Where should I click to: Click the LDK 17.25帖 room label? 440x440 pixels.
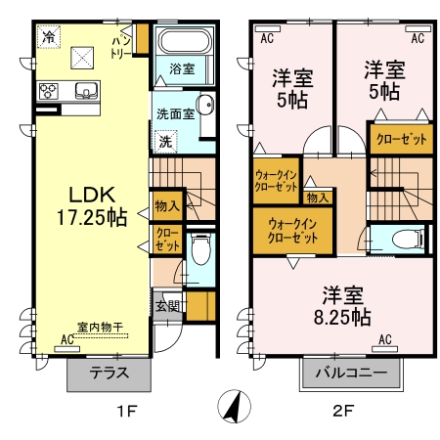coord(92,206)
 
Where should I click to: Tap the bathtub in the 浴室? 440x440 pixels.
coord(185,41)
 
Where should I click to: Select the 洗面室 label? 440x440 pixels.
coord(175,114)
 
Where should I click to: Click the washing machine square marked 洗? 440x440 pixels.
coord(166,142)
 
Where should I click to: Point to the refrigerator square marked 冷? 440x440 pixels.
coord(49,37)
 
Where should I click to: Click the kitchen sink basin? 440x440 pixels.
coord(86,90)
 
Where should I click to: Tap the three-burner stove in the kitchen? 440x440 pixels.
coord(49,91)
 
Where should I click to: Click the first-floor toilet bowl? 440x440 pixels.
coord(201,249)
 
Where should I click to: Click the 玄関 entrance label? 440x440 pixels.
coord(167,306)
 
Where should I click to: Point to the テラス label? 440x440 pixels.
coord(110,374)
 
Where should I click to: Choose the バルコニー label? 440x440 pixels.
coord(351,373)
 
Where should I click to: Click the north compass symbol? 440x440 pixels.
coord(234,406)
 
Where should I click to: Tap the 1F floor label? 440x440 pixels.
coord(126,411)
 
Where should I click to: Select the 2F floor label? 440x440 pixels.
coord(343,411)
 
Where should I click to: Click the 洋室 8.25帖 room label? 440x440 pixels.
coord(342,306)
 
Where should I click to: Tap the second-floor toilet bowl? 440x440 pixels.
coord(406,240)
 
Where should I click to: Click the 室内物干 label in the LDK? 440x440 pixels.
coord(100,327)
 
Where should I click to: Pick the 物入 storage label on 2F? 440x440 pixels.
coord(317,198)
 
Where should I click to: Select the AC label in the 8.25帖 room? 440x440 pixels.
coord(385,339)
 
